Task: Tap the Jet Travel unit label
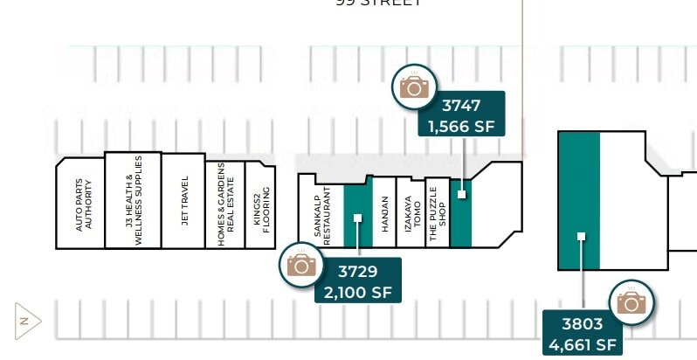(x=184, y=202)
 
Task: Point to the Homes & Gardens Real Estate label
(x=225, y=204)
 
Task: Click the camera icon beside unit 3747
(x=415, y=86)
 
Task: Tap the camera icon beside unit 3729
(x=301, y=264)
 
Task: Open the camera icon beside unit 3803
(x=630, y=302)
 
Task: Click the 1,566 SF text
(x=461, y=127)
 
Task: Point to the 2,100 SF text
(x=358, y=291)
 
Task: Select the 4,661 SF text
(x=583, y=344)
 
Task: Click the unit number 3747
(x=461, y=106)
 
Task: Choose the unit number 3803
(x=583, y=325)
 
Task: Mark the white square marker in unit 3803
(x=581, y=236)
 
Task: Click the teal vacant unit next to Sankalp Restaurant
(x=357, y=214)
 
